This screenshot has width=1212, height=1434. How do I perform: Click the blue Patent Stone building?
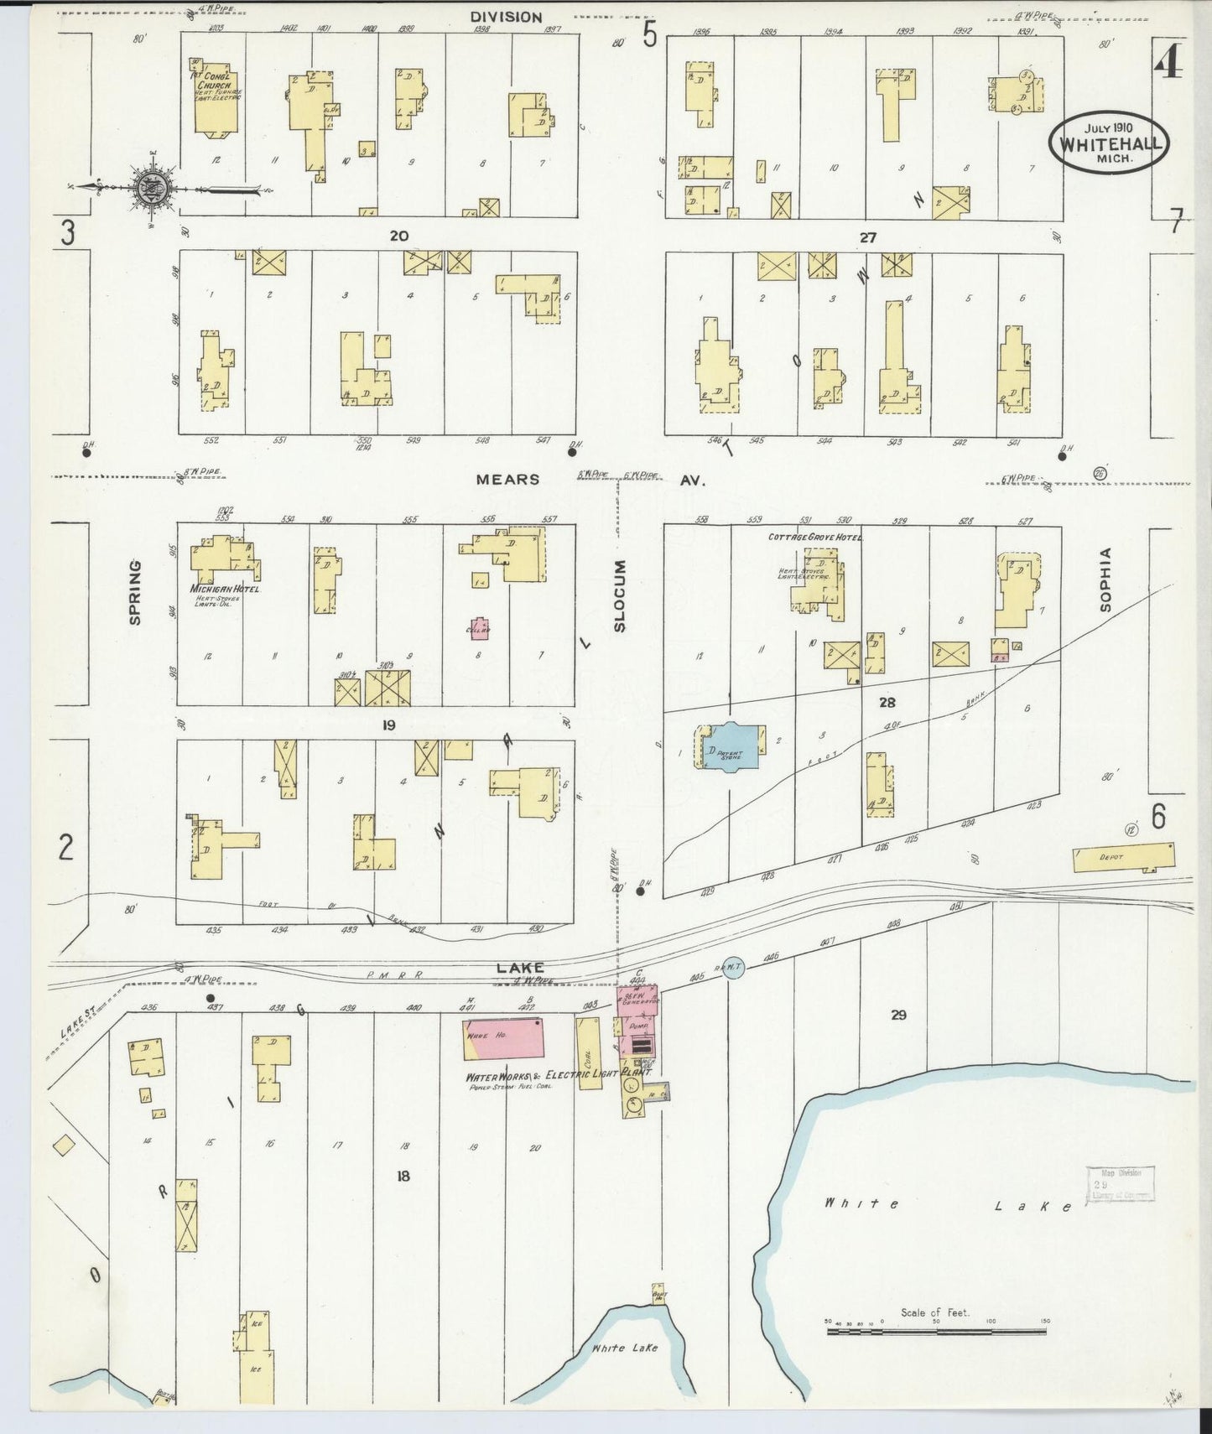point(728,746)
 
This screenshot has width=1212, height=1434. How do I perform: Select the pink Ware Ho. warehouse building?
point(502,1039)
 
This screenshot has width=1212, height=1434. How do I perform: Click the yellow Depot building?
point(1124,858)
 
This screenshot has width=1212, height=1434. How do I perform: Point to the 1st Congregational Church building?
point(216,99)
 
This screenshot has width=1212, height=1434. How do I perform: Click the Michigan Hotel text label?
point(227,590)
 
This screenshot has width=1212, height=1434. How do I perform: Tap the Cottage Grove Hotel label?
point(815,537)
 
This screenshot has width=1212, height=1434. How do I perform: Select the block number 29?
point(898,1016)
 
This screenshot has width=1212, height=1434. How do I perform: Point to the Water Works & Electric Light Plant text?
point(559,1075)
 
